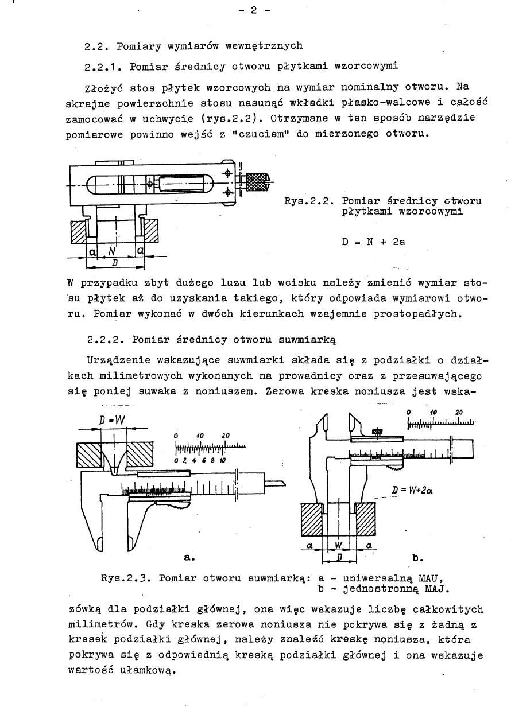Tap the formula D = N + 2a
coord(374,242)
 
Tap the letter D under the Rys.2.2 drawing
coord(115,263)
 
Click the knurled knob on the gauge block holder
coord(257,183)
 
